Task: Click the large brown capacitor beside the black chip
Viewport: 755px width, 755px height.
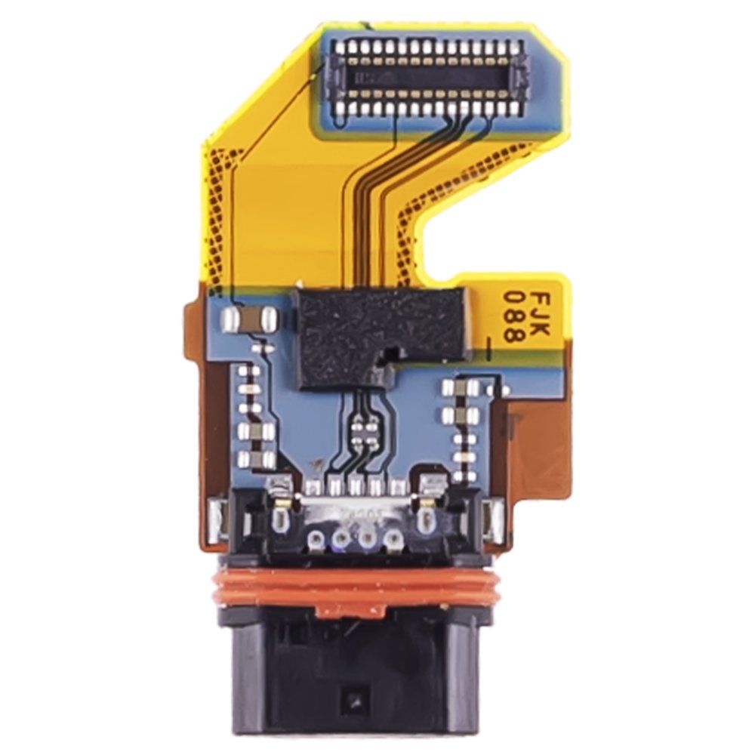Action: pos(248,319)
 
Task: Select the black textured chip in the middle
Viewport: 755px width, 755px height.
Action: pos(381,337)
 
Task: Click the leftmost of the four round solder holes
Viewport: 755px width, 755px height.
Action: pos(317,538)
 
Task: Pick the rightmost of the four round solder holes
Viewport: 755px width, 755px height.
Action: pos(393,539)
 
